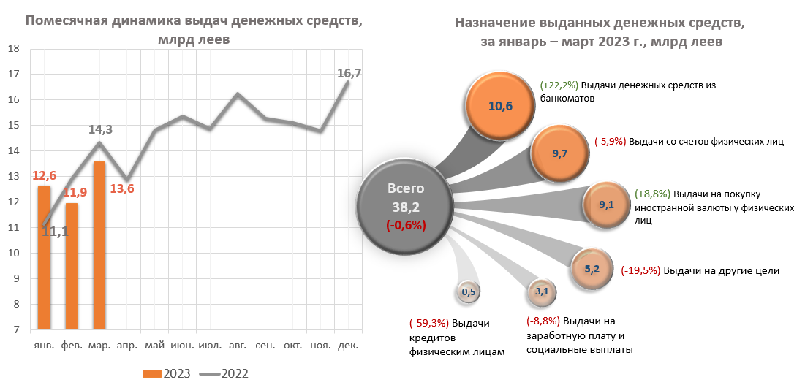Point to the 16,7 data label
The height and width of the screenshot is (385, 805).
coord(349,73)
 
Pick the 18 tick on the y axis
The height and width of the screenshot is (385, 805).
coord(14,49)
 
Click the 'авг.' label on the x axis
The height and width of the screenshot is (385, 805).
coord(238,345)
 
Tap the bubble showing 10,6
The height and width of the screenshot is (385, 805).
coord(500,107)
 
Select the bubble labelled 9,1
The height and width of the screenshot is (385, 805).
coord(606,205)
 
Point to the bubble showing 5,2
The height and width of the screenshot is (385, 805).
coord(592,269)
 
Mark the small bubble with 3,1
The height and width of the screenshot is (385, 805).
coord(543,292)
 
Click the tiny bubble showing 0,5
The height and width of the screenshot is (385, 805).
coord(468,293)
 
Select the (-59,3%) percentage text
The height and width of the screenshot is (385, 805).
coord(429,323)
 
